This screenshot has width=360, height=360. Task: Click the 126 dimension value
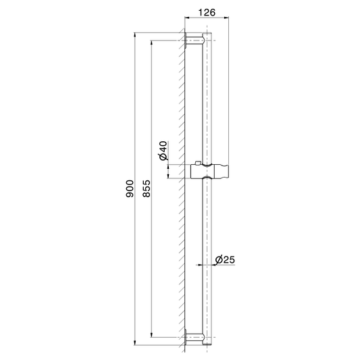(x=207, y=12)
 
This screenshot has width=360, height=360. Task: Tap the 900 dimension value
(x=130, y=188)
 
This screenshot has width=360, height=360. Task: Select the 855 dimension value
(x=147, y=188)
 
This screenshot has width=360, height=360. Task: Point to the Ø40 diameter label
(x=163, y=151)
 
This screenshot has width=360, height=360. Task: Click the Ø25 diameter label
(x=225, y=259)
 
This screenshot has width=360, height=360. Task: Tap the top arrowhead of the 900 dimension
(x=135, y=36)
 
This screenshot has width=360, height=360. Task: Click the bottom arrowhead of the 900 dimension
(x=135, y=342)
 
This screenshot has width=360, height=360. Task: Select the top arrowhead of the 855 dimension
(x=151, y=43)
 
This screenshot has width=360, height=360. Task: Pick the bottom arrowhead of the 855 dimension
(x=151, y=334)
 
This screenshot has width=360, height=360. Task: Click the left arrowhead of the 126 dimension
(x=188, y=17)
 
